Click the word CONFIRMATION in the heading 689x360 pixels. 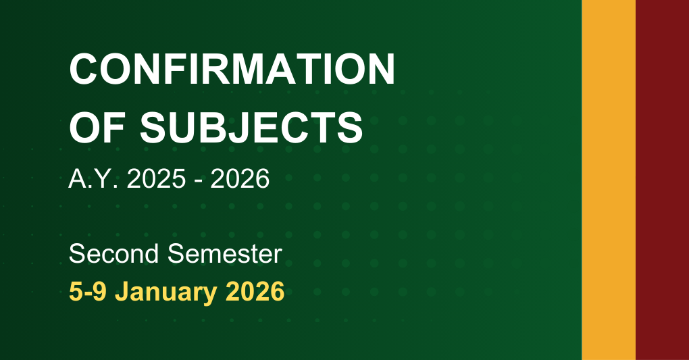(x=232, y=69)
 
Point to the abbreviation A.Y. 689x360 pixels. (x=90, y=180)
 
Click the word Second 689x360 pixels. (x=115, y=255)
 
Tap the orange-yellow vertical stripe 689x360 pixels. (x=608, y=180)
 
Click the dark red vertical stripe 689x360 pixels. (x=662, y=180)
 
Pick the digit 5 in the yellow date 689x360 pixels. (x=76, y=292)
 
